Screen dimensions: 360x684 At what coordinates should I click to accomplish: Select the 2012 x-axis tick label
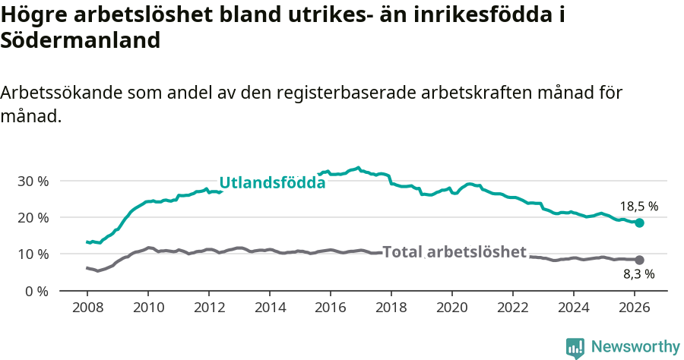[x=208, y=308]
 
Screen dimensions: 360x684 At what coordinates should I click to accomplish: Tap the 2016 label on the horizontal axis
[x=330, y=308]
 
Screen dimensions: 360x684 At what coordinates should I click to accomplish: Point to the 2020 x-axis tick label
[x=451, y=308]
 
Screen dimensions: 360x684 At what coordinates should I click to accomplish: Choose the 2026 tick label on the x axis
[x=634, y=308]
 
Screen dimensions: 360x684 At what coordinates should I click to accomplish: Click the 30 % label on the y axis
[x=32, y=182]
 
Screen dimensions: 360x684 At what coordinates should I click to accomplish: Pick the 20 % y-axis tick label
[x=32, y=218]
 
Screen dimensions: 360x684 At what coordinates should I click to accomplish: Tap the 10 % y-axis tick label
[x=32, y=254]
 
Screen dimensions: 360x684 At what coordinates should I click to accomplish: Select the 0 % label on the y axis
[x=36, y=291]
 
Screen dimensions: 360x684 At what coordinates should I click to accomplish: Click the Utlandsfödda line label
[x=272, y=183]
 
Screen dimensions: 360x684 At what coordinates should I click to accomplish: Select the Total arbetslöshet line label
[x=454, y=252]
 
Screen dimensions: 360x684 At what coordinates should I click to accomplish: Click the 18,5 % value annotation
[x=638, y=206]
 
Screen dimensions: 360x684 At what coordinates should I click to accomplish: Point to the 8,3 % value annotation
[x=638, y=274]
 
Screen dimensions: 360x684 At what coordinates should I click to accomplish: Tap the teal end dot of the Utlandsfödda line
[x=640, y=223]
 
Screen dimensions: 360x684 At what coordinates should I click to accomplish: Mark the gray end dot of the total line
[x=640, y=260]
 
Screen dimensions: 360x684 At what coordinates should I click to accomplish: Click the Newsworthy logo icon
[x=575, y=347]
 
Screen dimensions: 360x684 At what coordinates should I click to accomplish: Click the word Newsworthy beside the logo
[x=635, y=347]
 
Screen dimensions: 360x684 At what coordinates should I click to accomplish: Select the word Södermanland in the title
[x=81, y=41]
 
